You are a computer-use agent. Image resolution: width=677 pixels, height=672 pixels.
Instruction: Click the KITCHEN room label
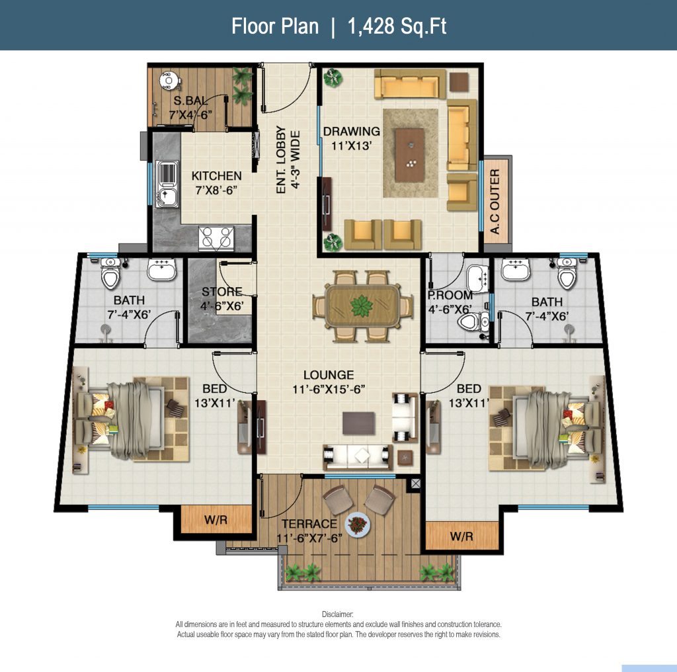pyautogui.click(x=216, y=176)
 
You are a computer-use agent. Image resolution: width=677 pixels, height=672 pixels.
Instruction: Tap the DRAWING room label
pyautogui.click(x=352, y=131)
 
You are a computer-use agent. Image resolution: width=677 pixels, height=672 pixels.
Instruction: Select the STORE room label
pyautogui.click(x=222, y=292)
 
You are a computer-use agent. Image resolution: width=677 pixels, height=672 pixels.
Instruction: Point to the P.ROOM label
pyautogui.click(x=450, y=296)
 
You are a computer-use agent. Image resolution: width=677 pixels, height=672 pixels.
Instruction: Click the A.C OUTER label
pyautogui.click(x=495, y=202)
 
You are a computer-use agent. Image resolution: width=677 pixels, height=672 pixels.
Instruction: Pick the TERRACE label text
pyautogui.click(x=309, y=524)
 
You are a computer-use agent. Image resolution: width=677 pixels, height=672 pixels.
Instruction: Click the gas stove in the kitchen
pyautogui.click(x=216, y=237)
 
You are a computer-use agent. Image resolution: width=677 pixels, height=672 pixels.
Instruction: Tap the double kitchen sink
pyautogui.click(x=167, y=184)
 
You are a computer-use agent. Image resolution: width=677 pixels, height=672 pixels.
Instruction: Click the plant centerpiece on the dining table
pyautogui.click(x=362, y=306)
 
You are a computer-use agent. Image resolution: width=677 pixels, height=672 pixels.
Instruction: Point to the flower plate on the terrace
pyautogui.click(x=357, y=524)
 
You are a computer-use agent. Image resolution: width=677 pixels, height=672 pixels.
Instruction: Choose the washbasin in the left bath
pyautogui.click(x=161, y=269)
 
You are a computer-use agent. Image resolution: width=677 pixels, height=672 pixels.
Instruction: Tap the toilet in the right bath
pyautogui.click(x=567, y=274)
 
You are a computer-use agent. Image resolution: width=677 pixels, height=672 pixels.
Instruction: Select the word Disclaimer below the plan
pyautogui.click(x=338, y=614)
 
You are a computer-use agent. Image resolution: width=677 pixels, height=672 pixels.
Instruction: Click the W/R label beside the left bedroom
pyautogui.click(x=216, y=520)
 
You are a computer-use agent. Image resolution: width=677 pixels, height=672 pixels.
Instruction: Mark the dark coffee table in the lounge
pyautogui.click(x=359, y=423)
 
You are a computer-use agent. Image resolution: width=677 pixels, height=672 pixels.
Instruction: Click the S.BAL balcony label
pyautogui.click(x=190, y=101)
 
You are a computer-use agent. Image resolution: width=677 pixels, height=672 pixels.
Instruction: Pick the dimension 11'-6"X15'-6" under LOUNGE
pyautogui.click(x=329, y=389)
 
